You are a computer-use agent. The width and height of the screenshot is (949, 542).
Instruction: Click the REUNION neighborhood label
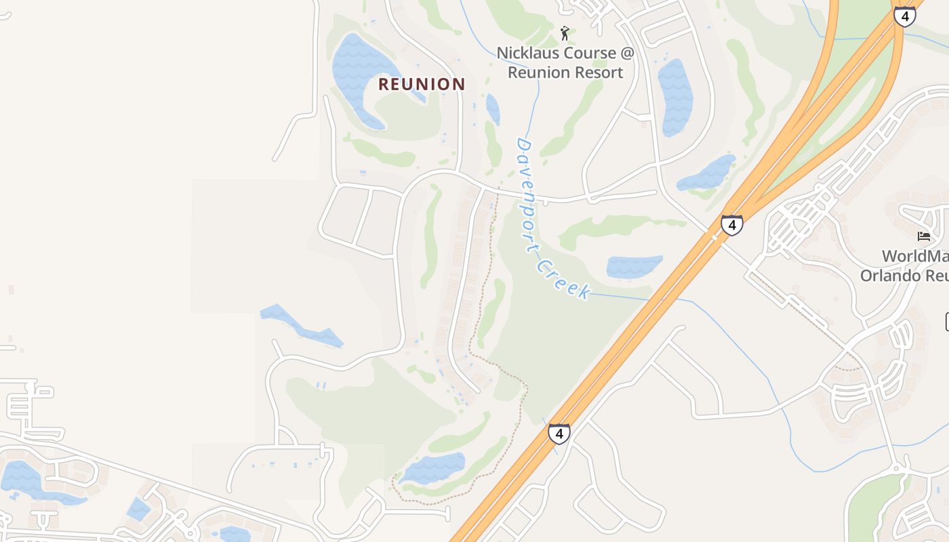pyautogui.click(x=422, y=84)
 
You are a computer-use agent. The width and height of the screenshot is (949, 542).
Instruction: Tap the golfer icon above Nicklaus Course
pyautogui.click(x=565, y=33)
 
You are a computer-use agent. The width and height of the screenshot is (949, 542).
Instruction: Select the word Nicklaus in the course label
pyautogui.click(x=527, y=53)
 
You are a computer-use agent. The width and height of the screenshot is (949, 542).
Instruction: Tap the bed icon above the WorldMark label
pyautogui.click(x=923, y=236)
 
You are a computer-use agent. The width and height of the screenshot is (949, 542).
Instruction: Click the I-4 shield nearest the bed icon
pyautogui.click(x=731, y=224)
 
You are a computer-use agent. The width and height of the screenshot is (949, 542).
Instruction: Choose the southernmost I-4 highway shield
pyautogui.click(x=559, y=433)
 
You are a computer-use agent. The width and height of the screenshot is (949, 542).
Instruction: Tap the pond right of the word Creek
pyautogui.click(x=634, y=266)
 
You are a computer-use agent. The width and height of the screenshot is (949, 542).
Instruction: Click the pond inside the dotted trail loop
pyautogui.click(x=435, y=467)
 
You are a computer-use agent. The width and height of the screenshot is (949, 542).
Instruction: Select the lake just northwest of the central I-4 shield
pyautogui.click(x=707, y=173)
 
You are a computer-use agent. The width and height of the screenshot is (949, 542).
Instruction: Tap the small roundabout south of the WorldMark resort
pyautogui.click(x=899, y=468)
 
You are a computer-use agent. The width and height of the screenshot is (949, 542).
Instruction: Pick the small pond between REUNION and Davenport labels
pyautogui.click(x=493, y=108)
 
